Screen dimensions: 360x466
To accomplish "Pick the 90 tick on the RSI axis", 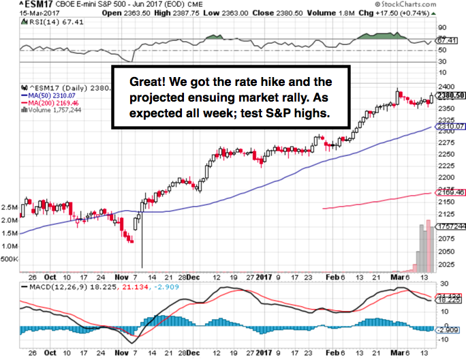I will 442,27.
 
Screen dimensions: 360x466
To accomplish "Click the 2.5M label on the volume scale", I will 10,206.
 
